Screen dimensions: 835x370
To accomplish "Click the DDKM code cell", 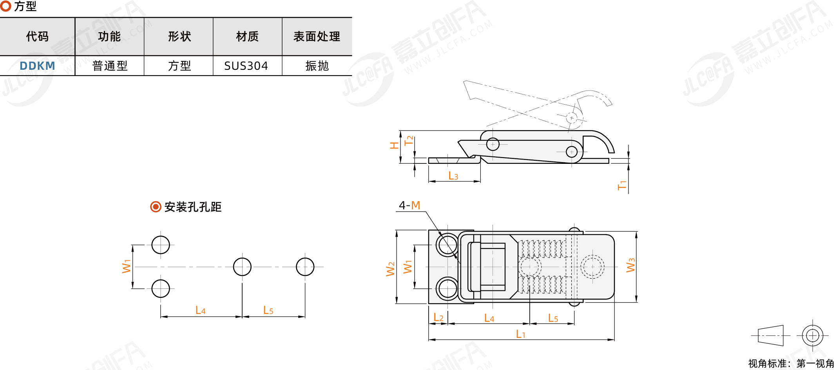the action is (x=37, y=66).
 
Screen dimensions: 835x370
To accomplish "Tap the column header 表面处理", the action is (x=317, y=36).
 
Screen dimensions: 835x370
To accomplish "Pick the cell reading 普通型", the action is (x=110, y=66).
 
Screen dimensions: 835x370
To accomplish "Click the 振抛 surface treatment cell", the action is (x=317, y=66).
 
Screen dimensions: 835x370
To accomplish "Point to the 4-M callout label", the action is (x=409, y=205).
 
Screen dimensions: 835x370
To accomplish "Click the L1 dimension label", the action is (x=520, y=334).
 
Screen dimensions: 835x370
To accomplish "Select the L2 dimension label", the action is (x=438, y=317).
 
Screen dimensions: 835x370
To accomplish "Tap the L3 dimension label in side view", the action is (x=453, y=176).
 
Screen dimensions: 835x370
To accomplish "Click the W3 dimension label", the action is (x=630, y=265).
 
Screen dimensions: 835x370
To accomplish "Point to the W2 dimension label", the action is (x=391, y=269).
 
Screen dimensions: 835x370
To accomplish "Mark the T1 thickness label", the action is (x=622, y=185).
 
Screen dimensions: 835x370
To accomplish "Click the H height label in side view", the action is (x=394, y=146).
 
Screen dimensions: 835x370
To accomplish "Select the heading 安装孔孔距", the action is (x=193, y=207).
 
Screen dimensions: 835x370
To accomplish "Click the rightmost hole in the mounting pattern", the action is (x=305, y=267).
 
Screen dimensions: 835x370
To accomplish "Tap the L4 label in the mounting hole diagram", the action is (x=200, y=310).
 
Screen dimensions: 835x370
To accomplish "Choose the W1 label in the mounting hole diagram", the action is (x=126, y=266).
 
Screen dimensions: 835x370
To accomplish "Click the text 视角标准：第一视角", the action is (x=791, y=364).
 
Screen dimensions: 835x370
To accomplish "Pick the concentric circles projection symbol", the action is (x=813, y=336).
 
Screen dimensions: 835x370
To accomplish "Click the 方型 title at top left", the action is (x=25, y=6).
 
